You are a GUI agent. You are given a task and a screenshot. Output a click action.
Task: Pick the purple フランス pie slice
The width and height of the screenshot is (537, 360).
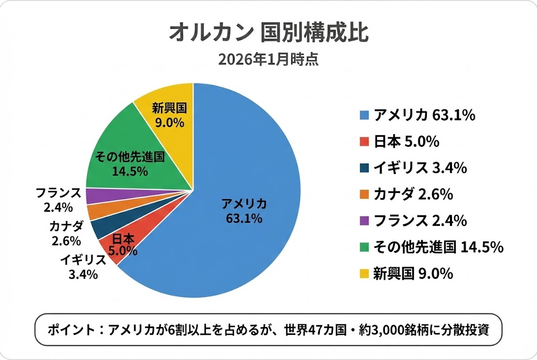click(x=94, y=196)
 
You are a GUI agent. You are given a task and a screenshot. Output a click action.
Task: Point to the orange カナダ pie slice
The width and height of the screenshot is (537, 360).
click(x=96, y=212)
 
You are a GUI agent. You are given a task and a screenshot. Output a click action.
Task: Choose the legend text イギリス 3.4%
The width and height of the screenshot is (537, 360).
click(x=420, y=168)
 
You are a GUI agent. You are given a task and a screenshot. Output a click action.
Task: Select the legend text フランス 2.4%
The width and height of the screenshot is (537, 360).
click(x=420, y=221)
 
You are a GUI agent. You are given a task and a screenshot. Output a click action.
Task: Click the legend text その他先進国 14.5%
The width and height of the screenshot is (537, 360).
click(x=438, y=247)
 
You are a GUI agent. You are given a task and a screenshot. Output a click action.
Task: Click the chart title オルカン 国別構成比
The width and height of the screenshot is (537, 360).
click(x=268, y=32)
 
